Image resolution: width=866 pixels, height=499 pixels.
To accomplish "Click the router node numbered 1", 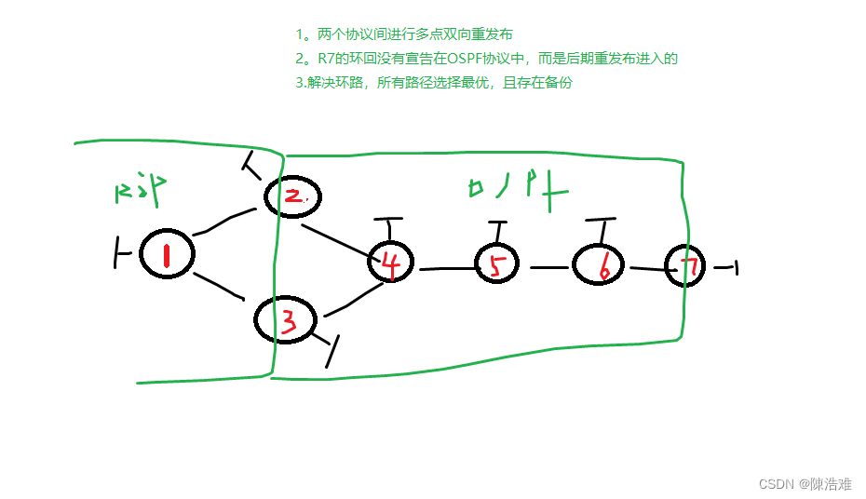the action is [x=167, y=253].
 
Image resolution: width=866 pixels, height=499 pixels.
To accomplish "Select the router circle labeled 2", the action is [x=292, y=196].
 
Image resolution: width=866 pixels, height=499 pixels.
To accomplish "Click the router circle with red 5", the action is [x=502, y=265].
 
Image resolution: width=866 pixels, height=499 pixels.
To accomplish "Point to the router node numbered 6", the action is [x=601, y=265].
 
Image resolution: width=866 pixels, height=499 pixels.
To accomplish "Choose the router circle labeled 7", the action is [x=687, y=267].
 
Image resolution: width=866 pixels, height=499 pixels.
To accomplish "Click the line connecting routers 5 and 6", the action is [x=550, y=267].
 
